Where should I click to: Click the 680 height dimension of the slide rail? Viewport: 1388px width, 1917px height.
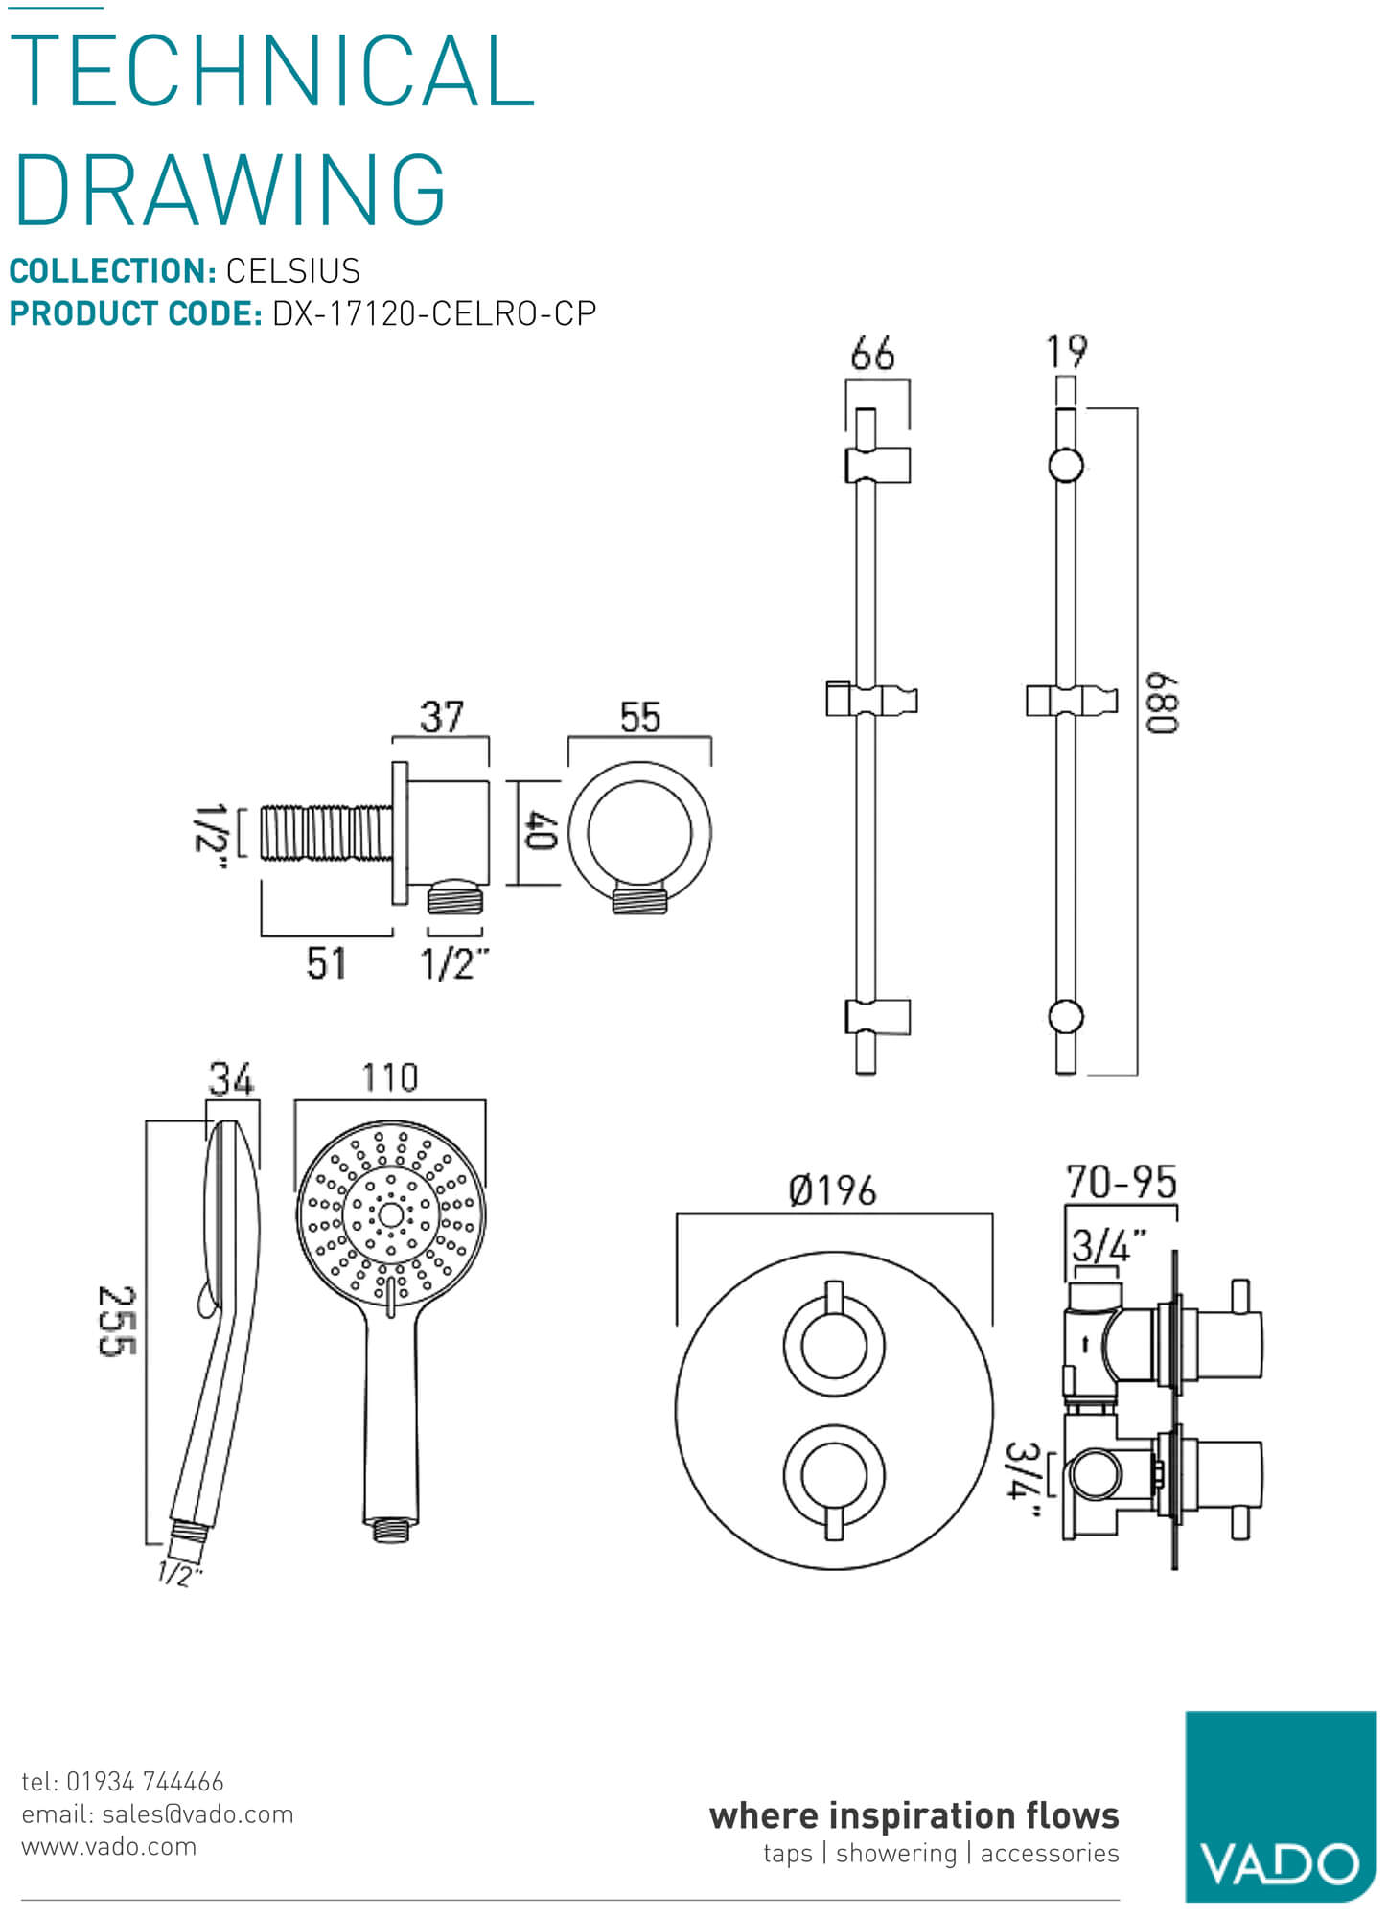(x=1162, y=704)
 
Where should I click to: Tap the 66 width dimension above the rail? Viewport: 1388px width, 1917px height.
(x=872, y=354)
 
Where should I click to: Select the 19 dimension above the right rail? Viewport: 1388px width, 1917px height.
(x=1066, y=352)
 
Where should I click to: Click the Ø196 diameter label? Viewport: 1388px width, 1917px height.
(x=832, y=1191)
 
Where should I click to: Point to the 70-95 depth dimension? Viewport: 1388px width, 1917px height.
(x=1121, y=1183)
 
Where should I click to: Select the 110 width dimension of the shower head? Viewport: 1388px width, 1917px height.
(x=389, y=1078)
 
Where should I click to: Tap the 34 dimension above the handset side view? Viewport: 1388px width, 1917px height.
(x=231, y=1080)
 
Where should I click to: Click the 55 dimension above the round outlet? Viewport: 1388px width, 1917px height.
(x=640, y=717)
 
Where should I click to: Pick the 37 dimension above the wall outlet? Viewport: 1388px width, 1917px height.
(x=442, y=717)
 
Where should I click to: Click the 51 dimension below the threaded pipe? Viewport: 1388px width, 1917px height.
(x=326, y=963)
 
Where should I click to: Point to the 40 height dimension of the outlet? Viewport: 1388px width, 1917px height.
(x=542, y=831)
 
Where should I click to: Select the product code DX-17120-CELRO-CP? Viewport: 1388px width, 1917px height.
(x=434, y=313)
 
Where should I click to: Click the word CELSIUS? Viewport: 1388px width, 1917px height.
(x=292, y=271)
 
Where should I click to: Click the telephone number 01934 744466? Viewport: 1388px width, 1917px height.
(x=144, y=1782)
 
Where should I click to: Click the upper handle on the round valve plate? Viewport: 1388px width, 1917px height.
(x=833, y=1342)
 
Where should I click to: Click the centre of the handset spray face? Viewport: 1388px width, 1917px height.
(x=390, y=1215)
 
